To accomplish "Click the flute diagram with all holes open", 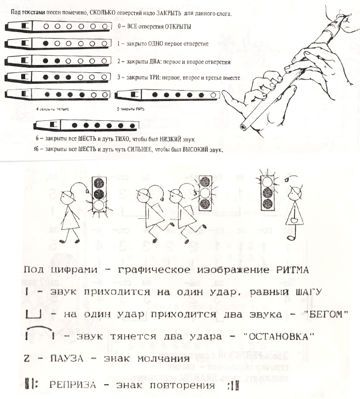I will pyautogui.click(x=58, y=26).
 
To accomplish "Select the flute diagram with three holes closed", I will pyautogui.click(x=58, y=77).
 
